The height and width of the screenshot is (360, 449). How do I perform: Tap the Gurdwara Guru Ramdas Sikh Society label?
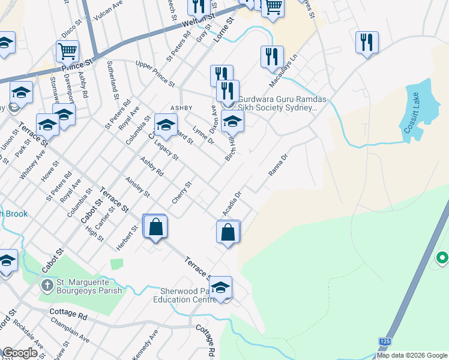point(277,103)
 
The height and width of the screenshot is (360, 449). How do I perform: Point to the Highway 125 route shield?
point(384,341)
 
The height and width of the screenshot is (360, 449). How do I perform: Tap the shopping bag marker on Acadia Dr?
point(228,232)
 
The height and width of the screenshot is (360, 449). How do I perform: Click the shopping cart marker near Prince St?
point(68,52)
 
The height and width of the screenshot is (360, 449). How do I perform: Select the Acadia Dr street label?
point(231,204)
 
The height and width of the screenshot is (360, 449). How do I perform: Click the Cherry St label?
point(181,192)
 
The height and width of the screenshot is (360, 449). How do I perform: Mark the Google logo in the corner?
point(20,353)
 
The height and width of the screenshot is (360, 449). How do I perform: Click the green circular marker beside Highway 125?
point(442,258)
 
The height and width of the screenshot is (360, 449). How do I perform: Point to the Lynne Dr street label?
point(203,136)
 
